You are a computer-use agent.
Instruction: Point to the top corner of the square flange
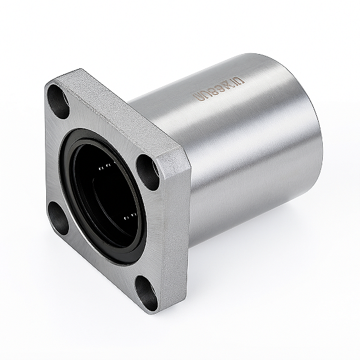click(x=72, y=72)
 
